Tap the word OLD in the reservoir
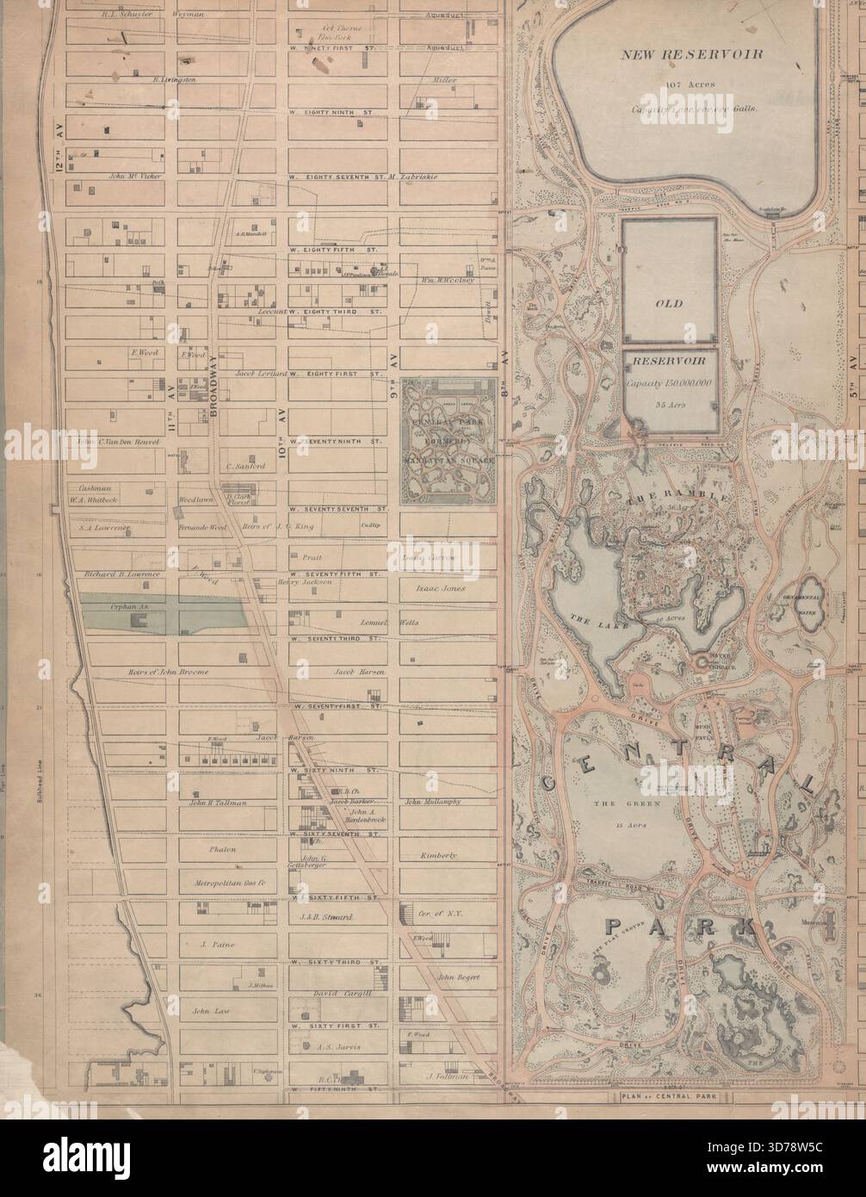pyautogui.click(x=668, y=304)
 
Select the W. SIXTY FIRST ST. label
pyautogui.click(x=336, y=1026)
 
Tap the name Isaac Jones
pyautogui.click(x=440, y=589)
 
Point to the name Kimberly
pyautogui.click(x=438, y=855)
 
